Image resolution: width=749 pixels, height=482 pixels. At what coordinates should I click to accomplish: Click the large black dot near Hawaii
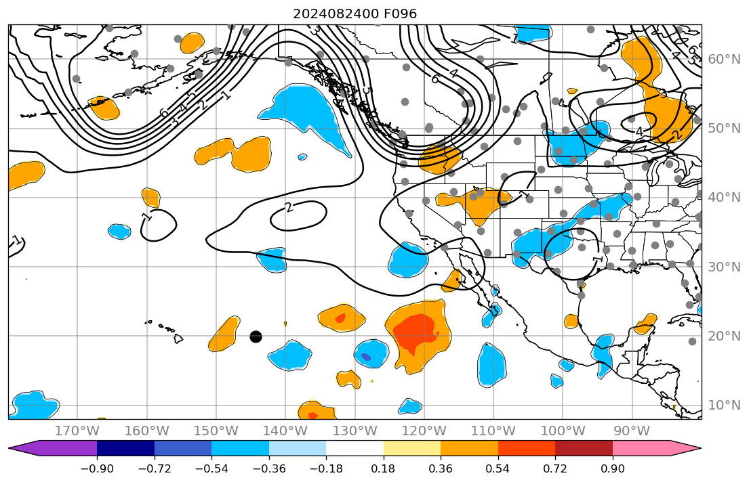click(256, 336)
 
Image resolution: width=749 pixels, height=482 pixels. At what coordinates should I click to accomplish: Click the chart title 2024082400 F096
click(355, 14)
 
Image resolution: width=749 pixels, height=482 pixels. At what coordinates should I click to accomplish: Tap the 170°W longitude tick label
click(77, 431)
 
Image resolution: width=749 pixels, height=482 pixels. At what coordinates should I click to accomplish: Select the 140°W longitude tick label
click(285, 431)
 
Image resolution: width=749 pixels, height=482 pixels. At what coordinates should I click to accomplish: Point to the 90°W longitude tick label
click(632, 431)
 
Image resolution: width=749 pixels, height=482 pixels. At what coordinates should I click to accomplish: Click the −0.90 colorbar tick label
click(97, 468)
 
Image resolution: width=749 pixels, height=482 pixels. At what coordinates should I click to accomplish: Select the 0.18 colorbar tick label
click(384, 468)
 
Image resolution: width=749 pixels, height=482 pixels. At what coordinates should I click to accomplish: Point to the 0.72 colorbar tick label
click(555, 468)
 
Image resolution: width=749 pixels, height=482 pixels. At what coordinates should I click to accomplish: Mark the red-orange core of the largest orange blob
click(416, 332)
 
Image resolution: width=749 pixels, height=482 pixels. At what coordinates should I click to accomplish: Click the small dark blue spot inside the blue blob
click(366, 356)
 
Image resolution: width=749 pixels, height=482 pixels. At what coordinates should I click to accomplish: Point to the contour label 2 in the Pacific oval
click(289, 207)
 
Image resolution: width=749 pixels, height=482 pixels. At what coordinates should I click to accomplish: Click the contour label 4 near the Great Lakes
click(639, 132)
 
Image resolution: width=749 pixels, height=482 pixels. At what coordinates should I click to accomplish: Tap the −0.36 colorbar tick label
click(269, 468)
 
